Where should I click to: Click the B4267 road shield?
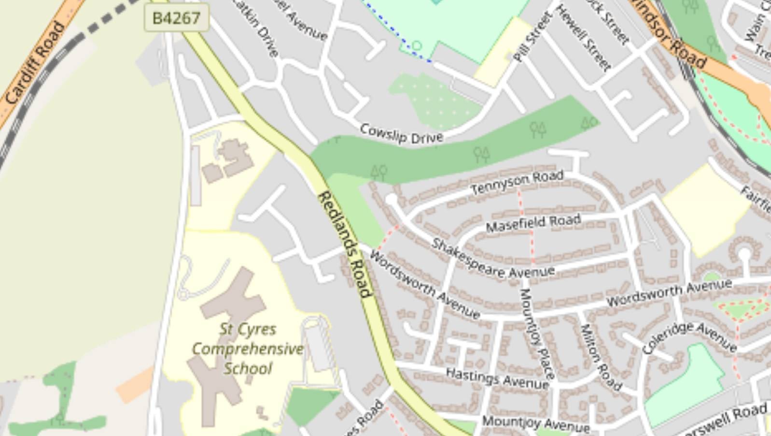[176, 18]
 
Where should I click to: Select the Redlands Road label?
[345, 244]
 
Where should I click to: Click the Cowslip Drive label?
[401, 134]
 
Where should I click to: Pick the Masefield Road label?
[533, 223]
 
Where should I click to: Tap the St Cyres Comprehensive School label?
[248, 349]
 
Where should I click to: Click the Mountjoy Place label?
[537, 333]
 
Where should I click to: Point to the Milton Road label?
[600, 357]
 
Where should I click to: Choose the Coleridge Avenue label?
[689, 337]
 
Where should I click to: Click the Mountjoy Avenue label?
[535, 423]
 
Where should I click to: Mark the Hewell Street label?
[583, 38]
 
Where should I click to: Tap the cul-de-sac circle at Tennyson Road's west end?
[391, 199]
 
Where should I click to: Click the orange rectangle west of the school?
[135, 385]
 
